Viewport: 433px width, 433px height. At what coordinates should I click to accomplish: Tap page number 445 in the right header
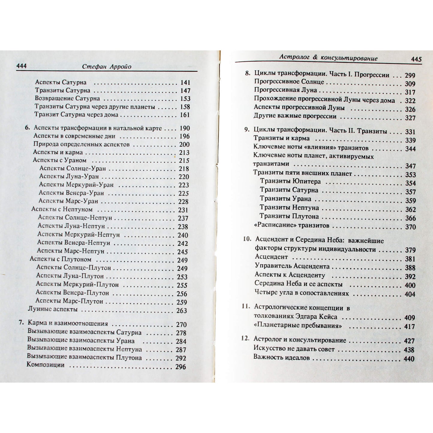[x=416, y=59]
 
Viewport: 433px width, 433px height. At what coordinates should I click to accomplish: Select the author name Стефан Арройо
[x=107, y=67]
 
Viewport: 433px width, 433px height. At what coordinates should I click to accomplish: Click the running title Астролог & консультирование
[x=328, y=58]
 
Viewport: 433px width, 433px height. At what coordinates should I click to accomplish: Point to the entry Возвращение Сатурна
[x=67, y=98]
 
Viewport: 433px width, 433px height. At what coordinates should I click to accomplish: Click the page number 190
[x=185, y=128]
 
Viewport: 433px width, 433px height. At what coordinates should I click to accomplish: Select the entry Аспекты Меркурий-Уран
[x=76, y=185]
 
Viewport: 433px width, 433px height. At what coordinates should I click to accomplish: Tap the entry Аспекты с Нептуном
[x=62, y=209]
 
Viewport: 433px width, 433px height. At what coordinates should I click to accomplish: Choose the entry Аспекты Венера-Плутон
[x=72, y=293]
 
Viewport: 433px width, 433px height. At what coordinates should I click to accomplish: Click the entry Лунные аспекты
[x=52, y=309]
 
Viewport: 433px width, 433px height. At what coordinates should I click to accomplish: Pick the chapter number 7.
[x=20, y=323]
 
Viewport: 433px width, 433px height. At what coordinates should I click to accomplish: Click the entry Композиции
[x=46, y=365]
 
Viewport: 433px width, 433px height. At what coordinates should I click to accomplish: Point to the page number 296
[x=181, y=366]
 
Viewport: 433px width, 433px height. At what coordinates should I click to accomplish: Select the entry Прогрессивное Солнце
[x=289, y=82]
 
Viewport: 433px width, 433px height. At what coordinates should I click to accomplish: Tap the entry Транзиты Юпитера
[x=290, y=181]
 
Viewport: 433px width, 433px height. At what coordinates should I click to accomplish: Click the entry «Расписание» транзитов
[x=291, y=225]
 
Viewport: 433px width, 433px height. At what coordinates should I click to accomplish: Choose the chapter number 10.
[x=247, y=239]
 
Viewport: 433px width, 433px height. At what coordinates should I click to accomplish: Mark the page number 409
[x=409, y=318]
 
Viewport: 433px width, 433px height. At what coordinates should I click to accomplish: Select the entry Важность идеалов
[x=281, y=357]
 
